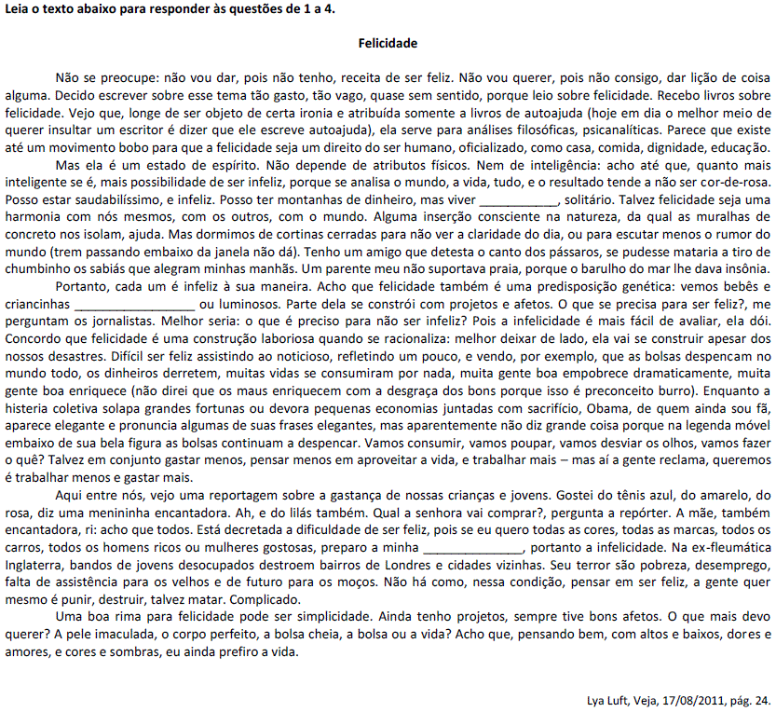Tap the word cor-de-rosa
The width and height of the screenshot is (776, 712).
[x=734, y=182]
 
